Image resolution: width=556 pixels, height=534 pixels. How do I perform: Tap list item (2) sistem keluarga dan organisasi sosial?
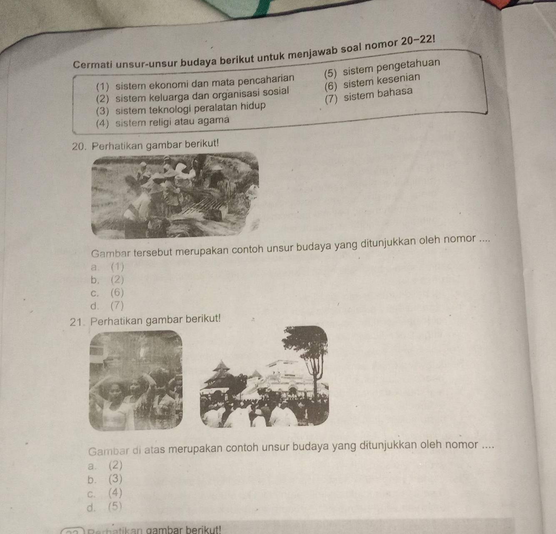pos(193,95)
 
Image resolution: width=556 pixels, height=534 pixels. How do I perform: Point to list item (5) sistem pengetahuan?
pos(382,68)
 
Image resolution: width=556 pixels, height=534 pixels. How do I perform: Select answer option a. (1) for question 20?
pos(107,267)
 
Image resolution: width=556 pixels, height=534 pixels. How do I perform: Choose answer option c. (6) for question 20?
pos(107,293)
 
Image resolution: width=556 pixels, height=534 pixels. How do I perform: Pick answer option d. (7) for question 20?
pos(107,306)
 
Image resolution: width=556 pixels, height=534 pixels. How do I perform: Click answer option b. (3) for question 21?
pos(105,479)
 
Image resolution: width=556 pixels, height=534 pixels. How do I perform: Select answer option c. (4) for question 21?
pos(105,493)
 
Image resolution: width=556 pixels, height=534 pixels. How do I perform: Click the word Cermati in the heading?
pos(93,64)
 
